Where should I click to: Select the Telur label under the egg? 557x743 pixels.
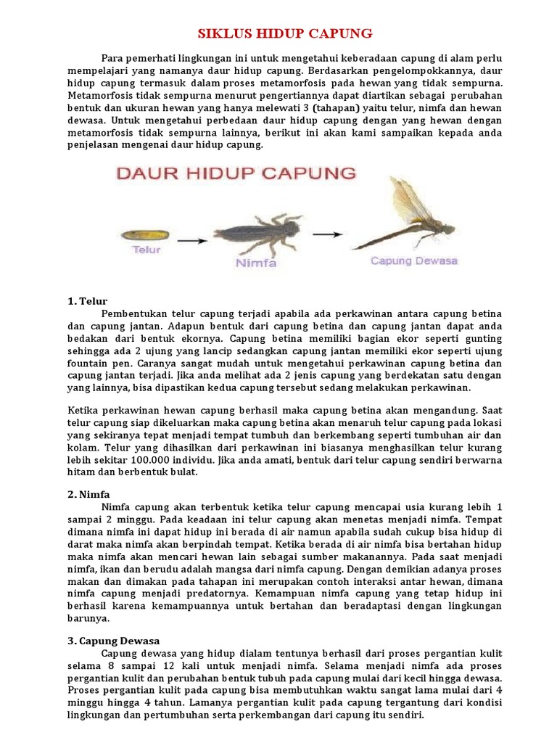146,250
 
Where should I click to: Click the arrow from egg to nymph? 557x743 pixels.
191,240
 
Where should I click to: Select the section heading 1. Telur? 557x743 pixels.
87,300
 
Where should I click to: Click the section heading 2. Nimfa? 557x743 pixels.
88,494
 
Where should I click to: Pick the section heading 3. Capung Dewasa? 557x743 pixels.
114,641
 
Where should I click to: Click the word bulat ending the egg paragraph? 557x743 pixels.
184,472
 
